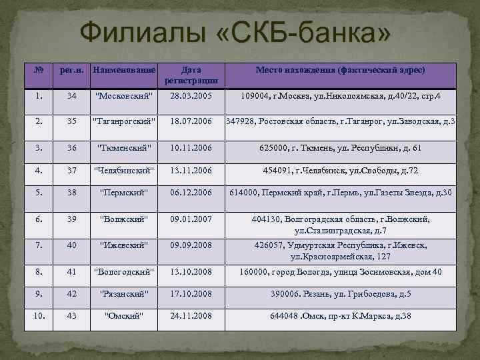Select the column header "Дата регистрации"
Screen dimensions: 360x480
[x=191, y=74]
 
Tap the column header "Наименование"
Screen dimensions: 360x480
[x=124, y=69]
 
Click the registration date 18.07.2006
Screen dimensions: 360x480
[x=191, y=122]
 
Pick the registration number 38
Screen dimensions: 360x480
[x=71, y=193]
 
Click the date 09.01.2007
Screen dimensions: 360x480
[x=191, y=218]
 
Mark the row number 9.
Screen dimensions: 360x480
[x=40, y=293]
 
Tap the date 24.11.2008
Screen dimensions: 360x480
[x=191, y=315]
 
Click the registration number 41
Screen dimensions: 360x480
[x=71, y=271]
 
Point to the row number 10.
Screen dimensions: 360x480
[x=40, y=315]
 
